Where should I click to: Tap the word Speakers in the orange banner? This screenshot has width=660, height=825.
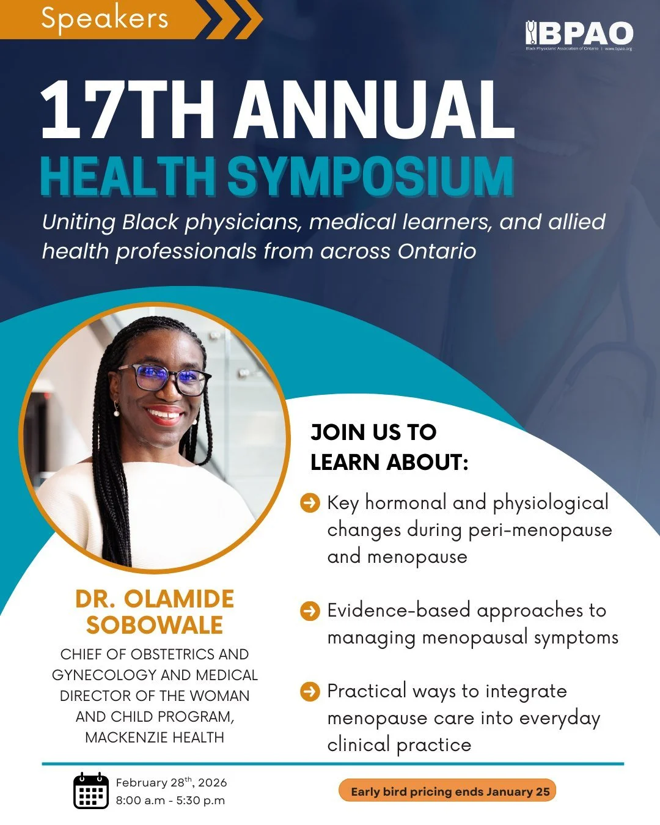coord(105,18)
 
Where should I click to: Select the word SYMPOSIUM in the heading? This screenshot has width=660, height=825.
coord(370,177)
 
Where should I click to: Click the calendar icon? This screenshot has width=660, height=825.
coord(90,791)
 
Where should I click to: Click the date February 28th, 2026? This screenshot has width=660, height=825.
coord(171,782)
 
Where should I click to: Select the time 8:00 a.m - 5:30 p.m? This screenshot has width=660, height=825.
coord(170,800)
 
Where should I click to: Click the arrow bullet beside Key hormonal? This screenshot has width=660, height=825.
coord(310,503)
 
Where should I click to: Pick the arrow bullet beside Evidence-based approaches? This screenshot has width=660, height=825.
coord(310,610)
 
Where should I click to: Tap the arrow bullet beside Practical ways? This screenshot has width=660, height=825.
coord(310,691)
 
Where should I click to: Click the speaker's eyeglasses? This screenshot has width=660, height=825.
coord(163,378)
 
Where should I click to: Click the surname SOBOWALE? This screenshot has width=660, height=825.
coord(155,625)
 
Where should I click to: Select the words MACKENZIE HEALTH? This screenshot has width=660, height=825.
coord(155,737)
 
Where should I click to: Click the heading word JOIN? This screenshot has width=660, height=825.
coord(337,432)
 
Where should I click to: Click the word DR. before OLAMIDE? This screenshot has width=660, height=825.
coord(95,599)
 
